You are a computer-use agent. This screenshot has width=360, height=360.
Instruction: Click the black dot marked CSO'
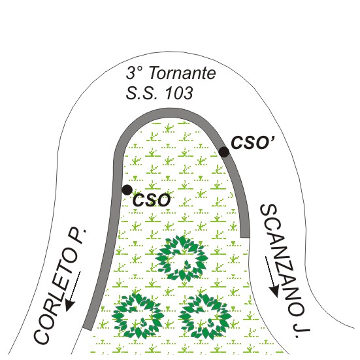tap(223, 152)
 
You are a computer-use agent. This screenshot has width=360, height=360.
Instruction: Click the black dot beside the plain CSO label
tap(127, 190)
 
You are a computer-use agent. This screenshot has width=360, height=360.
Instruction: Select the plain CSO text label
tap(152, 200)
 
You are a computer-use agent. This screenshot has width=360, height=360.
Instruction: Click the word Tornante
tap(183, 73)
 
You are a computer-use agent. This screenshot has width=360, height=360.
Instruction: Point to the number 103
tap(179, 93)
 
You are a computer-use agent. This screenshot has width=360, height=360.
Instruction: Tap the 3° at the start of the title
tap(135, 73)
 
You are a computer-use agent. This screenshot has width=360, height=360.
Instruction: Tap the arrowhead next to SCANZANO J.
tap(274, 291)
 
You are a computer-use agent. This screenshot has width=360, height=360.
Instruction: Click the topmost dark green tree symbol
tap(182, 258)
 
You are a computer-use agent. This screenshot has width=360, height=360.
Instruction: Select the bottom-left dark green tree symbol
tap(138, 316)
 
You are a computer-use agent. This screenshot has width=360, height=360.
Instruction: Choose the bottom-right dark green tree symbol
tap(205, 316)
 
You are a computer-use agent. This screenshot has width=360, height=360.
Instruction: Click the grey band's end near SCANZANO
tap(245, 237)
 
